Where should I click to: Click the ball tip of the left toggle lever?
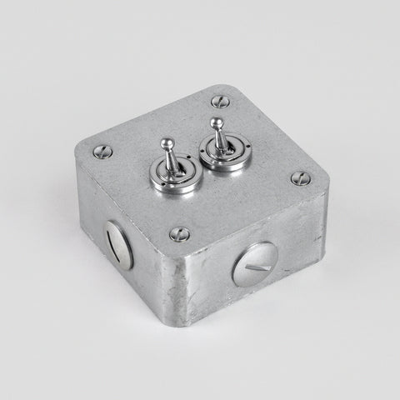coord(166,143)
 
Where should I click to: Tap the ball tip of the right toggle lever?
coord(217,124)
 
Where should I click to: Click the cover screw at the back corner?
coord(219,102)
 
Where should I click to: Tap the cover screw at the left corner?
coord(102,152)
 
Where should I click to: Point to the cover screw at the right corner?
coord(300,177)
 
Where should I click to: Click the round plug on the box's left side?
coord(119,243)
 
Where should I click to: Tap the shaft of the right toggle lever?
coord(218,138)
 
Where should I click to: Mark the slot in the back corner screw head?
coord(219,102)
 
